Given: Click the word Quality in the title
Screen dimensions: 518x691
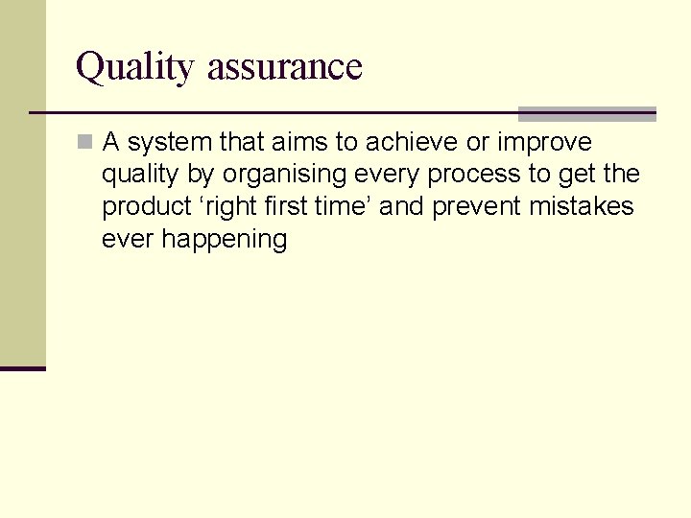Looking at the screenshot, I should click(x=136, y=67).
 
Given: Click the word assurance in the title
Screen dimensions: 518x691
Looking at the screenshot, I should click(x=284, y=67).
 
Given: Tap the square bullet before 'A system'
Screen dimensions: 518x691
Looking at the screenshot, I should click(x=84, y=143).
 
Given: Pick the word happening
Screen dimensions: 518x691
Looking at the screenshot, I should click(x=225, y=240).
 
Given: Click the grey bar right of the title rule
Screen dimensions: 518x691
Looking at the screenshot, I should click(x=587, y=114).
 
